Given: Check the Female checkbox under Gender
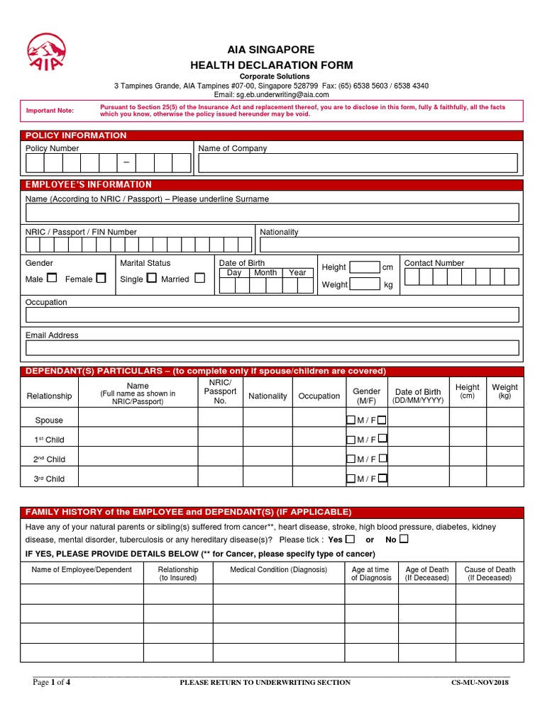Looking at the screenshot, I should coord(101,279).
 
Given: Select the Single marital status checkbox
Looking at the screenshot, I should coord(151,279).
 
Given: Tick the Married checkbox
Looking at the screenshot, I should coord(199,279).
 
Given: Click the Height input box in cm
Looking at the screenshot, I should coord(365,267).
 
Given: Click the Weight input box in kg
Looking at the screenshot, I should coord(365,284).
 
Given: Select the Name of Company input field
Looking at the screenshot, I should coord(358,164).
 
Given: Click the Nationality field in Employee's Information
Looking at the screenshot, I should coord(389,245).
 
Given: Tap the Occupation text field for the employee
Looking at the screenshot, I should coord(272,315).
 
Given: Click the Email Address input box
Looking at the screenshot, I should coord(272,347).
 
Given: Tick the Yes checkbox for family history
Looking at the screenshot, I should coord(350,539).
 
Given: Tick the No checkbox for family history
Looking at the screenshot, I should coord(404,539).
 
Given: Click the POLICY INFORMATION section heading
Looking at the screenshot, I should coord(76,135).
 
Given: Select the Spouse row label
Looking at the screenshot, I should coord(49,420).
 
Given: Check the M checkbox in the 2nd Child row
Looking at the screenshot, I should coord(351,459).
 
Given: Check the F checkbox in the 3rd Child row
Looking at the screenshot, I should coord(382,478).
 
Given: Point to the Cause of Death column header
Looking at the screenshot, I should coord(490,574).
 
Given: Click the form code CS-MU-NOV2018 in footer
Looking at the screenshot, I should coord(480,683).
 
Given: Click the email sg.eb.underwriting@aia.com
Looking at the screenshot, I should coord(282,94).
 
